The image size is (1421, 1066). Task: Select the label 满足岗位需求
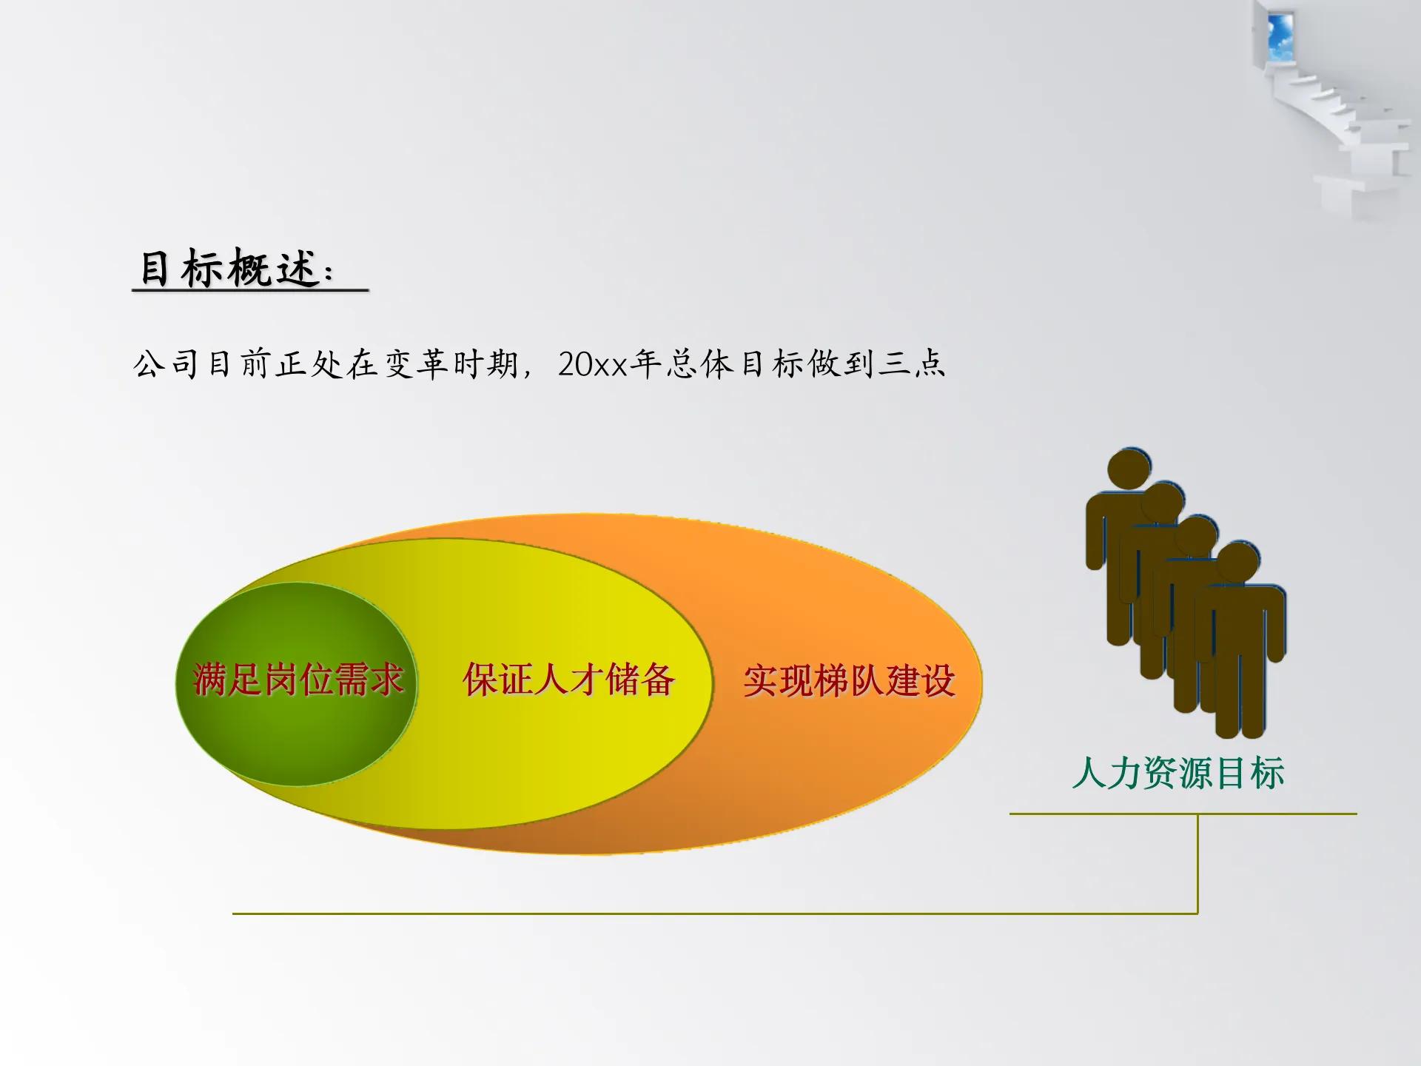coord(298,679)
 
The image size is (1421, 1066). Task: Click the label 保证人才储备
coord(568,679)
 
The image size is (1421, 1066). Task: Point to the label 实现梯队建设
coord(849,680)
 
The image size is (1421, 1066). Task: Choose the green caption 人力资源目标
coord(1178,773)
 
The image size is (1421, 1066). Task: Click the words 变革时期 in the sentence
coord(451,364)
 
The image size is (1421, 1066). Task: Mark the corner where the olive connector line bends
coord(1197,913)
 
